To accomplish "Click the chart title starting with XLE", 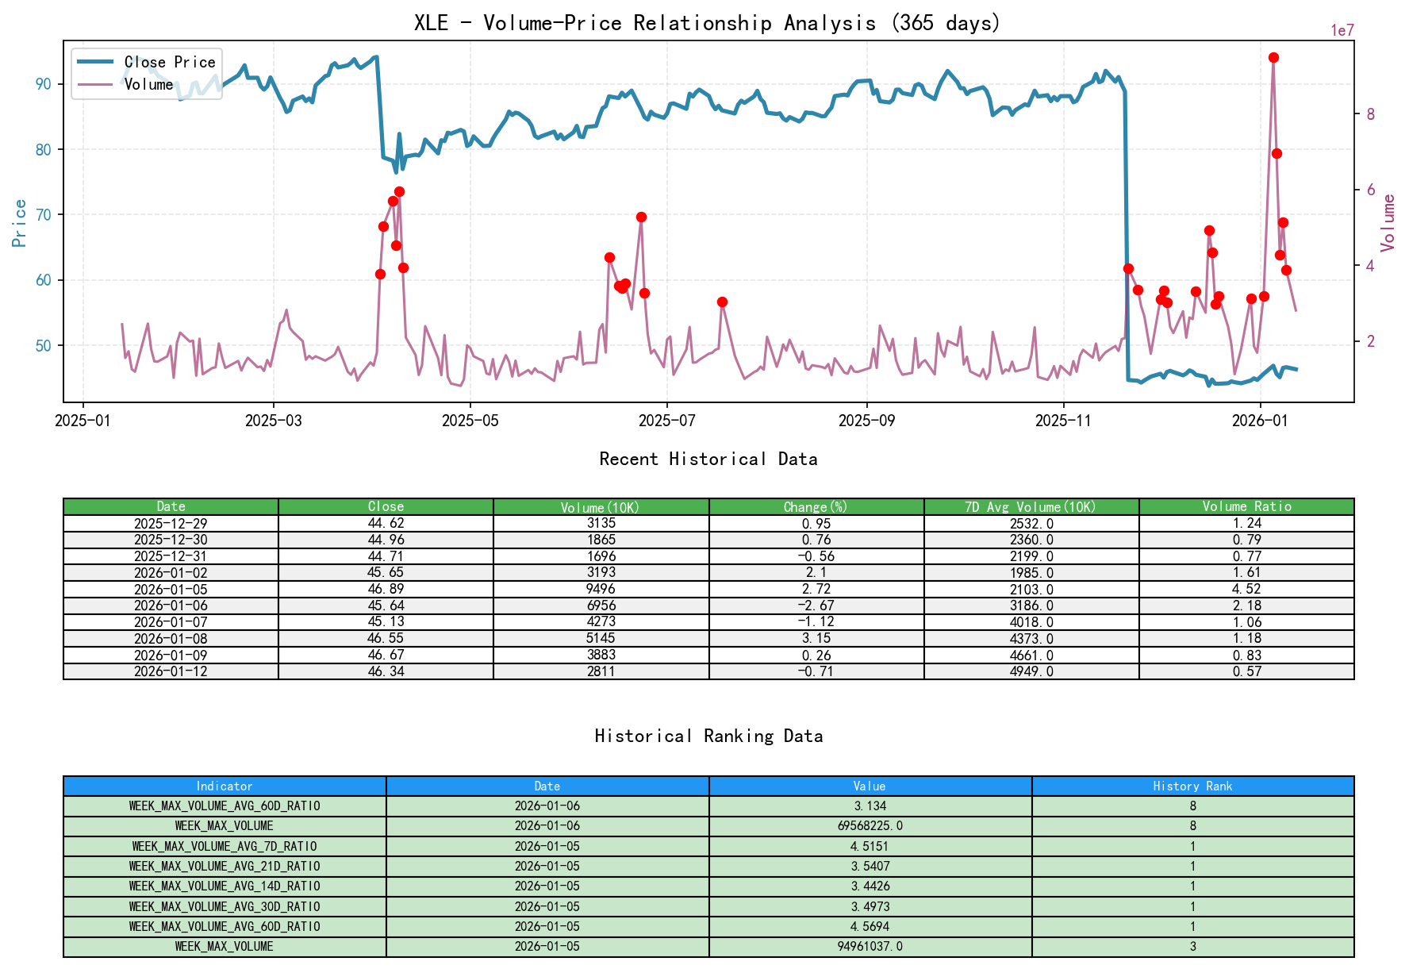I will point(707,23).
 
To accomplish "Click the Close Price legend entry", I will point(169,62).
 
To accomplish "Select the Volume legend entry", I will point(148,84).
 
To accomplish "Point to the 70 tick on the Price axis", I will point(44,215).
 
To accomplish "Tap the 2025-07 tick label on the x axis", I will point(667,421).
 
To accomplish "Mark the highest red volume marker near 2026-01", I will point(1273,57).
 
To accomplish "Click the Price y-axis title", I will point(20,223).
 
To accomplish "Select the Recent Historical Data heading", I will point(708,459).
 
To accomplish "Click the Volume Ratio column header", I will point(1246,506).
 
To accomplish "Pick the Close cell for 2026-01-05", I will point(386,589).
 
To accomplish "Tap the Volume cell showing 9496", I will point(601,589).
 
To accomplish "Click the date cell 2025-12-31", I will point(171,556).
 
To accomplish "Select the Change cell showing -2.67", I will point(816,606).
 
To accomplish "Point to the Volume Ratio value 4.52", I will point(1246,589).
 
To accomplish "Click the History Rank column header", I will point(1192,786).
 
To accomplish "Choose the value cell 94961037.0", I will point(870,946).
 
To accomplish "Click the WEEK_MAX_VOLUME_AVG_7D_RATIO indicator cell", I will point(225,846).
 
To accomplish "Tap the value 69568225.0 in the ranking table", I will point(870,825).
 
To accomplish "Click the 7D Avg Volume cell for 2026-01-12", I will point(1031,671).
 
